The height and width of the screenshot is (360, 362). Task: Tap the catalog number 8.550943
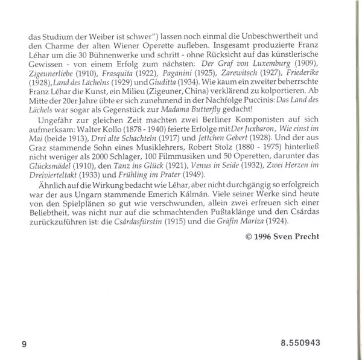[x=300, y=344]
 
